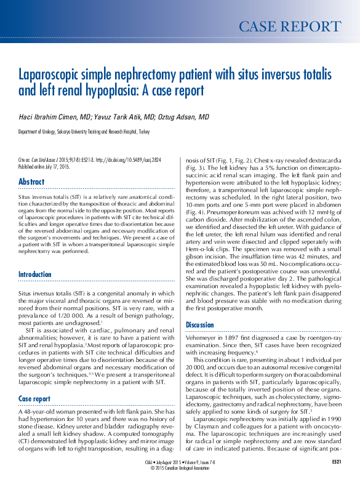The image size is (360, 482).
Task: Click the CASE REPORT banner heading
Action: pyautogui.click(x=289, y=26)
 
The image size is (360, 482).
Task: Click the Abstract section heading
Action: pyautogui.click(x=31, y=182)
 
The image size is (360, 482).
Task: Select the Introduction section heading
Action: pyautogui.click(x=35, y=275)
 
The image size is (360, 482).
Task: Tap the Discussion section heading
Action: pyautogui.click(x=200, y=324)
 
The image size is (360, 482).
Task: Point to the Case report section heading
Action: pyautogui.click(x=34, y=382)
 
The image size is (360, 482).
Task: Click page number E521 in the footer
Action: pyautogui.click(x=337, y=461)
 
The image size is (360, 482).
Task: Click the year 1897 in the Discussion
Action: pyautogui.click(x=239, y=337)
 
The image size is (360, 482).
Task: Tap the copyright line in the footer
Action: pyautogui.click(x=179, y=467)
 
